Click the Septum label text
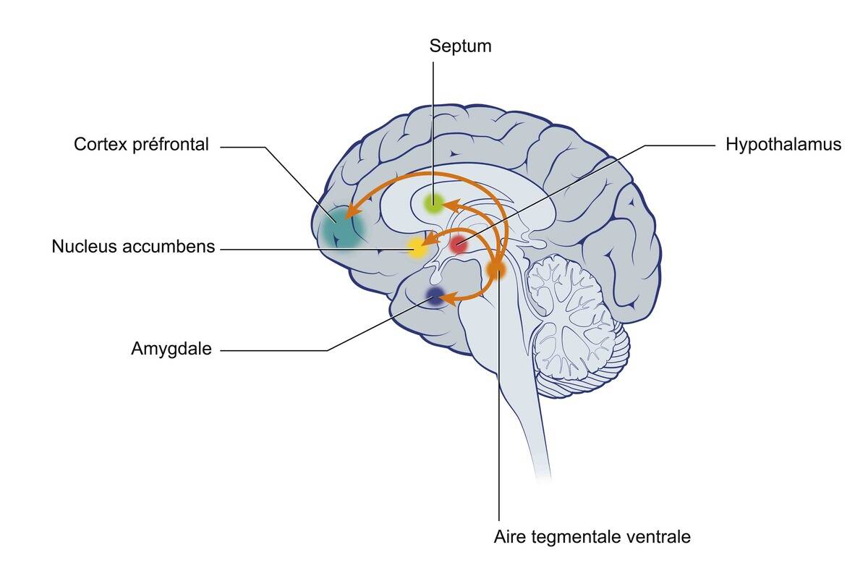tap(460, 46)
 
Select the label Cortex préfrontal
tap(141, 145)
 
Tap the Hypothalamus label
tap(783, 145)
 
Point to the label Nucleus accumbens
tap(133, 247)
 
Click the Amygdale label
tap(171, 349)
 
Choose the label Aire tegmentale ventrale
tap(592, 538)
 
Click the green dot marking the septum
tap(433, 203)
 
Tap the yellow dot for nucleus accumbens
tap(417, 248)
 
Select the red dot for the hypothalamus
tap(459, 245)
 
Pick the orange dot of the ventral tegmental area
tap(497, 270)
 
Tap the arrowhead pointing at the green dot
tap(450, 206)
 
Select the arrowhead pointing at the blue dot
tap(451, 297)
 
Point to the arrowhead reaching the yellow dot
tap(430, 241)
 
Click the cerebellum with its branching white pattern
tap(575, 318)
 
